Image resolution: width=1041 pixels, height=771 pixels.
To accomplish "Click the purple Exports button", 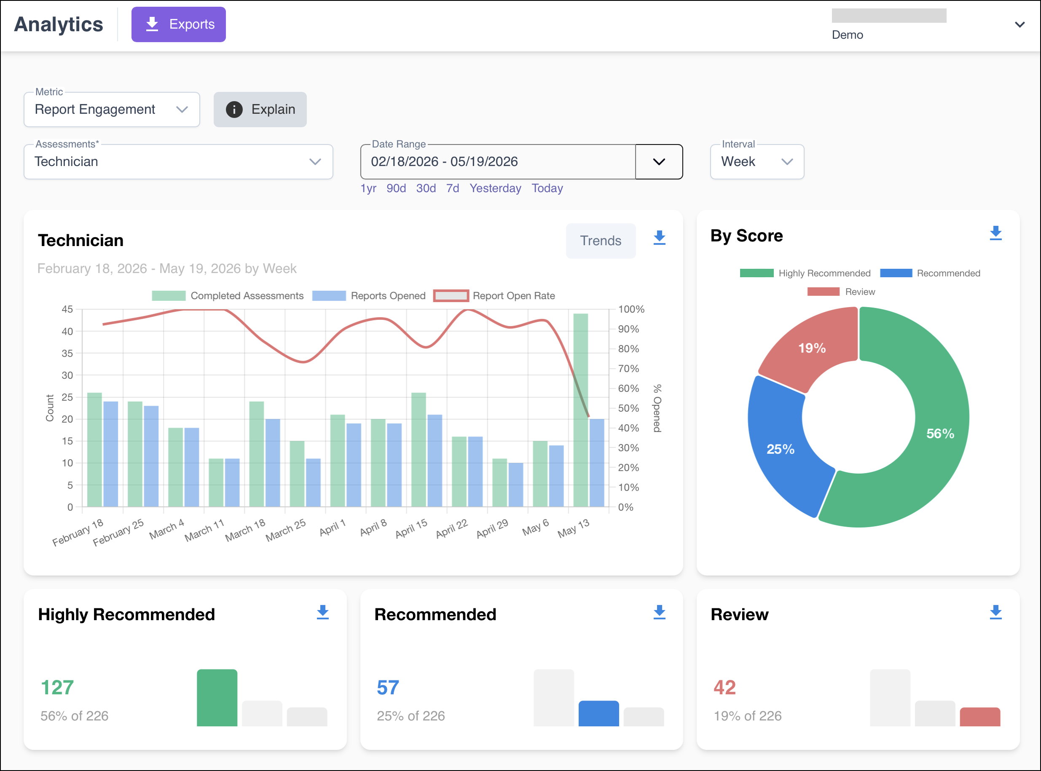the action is [178, 24].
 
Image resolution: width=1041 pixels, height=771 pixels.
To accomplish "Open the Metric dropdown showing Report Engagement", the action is [112, 110].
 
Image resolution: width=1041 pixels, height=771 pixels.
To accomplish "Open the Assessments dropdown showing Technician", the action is [178, 161].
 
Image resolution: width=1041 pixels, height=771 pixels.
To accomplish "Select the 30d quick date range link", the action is [426, 188].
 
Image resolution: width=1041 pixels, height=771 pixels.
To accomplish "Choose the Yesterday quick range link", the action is [495, 188].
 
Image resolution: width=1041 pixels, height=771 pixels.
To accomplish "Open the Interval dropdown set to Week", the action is [757, 161].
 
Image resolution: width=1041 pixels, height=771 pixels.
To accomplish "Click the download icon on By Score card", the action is [996, 233].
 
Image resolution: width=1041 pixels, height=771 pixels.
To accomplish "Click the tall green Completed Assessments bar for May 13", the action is [581, 410].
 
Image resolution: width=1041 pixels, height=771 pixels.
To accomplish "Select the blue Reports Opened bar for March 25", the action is [313, 482].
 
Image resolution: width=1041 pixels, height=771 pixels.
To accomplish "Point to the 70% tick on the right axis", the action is [628, 369].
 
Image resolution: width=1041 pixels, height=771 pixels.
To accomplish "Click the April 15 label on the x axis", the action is [411, 529].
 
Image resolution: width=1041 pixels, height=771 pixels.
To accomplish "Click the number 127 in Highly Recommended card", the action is [57, 688].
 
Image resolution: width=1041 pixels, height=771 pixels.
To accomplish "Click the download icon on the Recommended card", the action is [659, 612].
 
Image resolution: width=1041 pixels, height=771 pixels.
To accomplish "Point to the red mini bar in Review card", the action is [980, 717].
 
